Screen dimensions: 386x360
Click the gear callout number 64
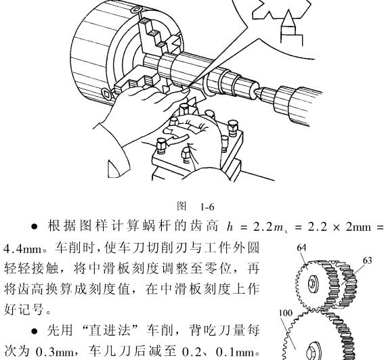click(301, 248)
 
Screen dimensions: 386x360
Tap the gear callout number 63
click(367, 261)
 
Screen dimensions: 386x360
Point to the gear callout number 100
click(286, 313)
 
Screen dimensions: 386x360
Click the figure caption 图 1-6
click(196, 206)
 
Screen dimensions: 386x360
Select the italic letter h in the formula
click(230, 226)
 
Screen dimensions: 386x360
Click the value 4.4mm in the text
click(22, 248)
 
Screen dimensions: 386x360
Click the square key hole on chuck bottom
click(106, 93)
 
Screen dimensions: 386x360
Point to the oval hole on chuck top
click(136, 9)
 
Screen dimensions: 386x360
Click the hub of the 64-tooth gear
click(312, 284)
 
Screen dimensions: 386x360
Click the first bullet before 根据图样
click(35, 227)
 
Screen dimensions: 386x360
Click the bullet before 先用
click(35, 332)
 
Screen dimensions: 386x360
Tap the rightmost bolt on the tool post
click(233, 127)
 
